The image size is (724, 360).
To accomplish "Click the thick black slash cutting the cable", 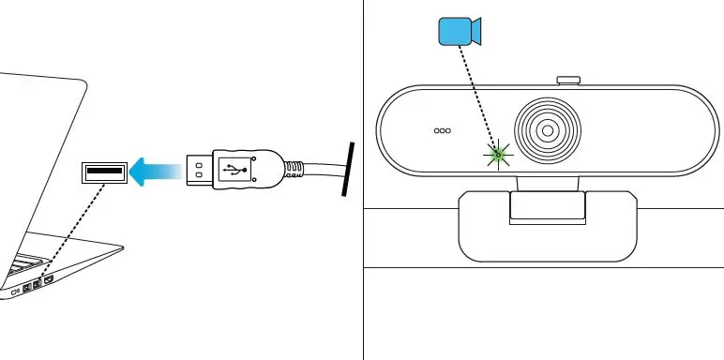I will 348,170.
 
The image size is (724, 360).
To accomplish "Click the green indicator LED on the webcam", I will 499,154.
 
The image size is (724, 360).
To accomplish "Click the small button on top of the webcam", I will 566,82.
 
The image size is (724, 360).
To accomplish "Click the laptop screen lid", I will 42,159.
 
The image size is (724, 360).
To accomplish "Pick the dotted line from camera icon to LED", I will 479,99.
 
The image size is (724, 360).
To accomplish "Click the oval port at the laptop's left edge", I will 15,291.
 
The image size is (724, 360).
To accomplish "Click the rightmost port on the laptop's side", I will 49,278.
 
